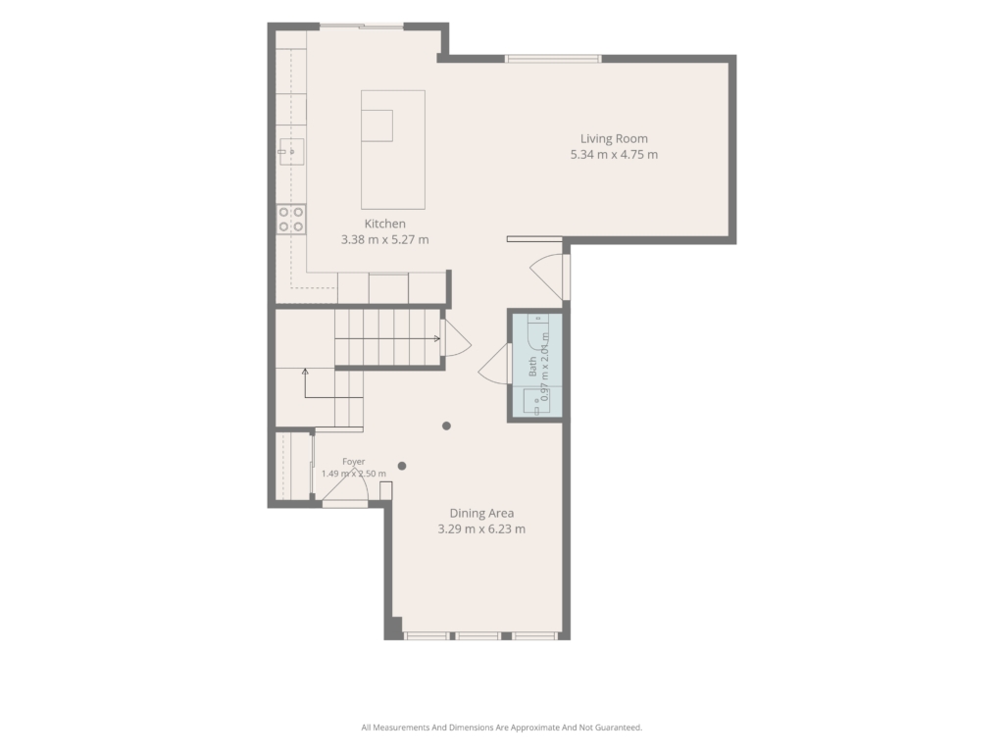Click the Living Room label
614,139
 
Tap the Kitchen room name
384,224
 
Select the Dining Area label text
481,513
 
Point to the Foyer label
353,461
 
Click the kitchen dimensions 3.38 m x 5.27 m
384,239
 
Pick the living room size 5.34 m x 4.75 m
614,154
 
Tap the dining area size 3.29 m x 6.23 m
481,528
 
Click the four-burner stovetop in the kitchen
290,219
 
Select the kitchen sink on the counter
291,152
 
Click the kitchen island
393,150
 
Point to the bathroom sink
536,403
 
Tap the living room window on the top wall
553,59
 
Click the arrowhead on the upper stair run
437,338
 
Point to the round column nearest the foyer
401,466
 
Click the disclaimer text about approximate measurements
502,728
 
